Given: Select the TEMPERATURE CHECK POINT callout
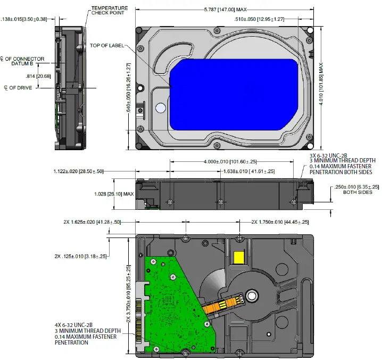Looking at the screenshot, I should coord(109,11).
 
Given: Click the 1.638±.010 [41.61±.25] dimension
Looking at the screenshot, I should coord(249,171).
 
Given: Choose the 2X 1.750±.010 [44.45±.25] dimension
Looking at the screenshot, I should coord(280,222).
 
